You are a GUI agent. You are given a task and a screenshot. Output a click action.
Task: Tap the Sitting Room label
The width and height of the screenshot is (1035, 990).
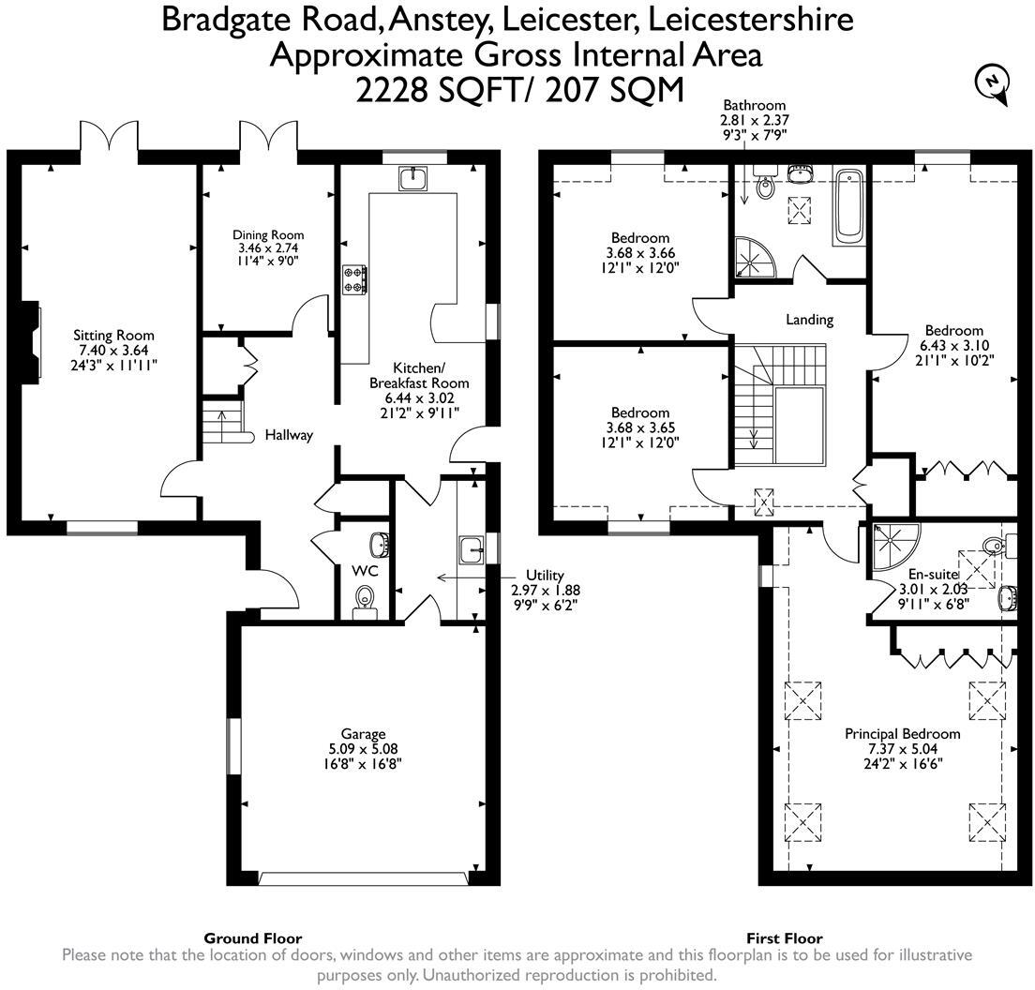(x=113, y=336)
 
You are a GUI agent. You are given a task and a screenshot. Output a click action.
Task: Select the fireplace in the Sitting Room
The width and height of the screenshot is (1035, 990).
(x=33, y=341)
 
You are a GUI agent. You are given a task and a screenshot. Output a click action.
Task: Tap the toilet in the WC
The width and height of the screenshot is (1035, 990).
(x=363, y=600)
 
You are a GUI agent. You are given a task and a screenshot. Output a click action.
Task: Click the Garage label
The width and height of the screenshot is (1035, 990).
(x=363, y=734)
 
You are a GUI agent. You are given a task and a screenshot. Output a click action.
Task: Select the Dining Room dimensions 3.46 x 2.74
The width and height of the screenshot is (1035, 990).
(x=267, y=249)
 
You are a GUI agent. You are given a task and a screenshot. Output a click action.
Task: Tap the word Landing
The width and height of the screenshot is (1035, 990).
(x=809, y=320)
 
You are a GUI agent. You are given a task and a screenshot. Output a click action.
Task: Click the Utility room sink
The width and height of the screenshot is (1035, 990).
(x=471, y=547)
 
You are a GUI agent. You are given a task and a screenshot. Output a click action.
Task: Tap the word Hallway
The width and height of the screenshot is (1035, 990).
(x=288, y=435)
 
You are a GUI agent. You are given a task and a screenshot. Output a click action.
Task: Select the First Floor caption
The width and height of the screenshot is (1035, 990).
(x=784, y=937)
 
